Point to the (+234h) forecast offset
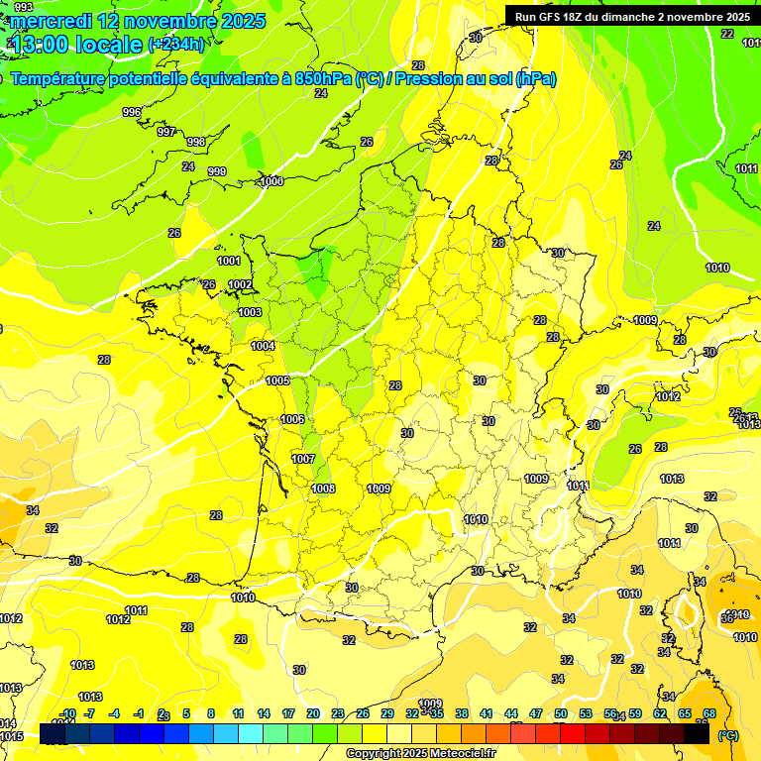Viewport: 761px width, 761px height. coord(175,45)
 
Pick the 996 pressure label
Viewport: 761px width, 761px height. coord(132,113)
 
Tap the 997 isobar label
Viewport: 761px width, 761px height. coord(166,132)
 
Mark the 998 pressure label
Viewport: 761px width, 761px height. coord(196,143)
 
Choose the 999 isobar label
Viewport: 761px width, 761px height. coord(217,171)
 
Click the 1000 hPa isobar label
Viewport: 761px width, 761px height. coord(272,181)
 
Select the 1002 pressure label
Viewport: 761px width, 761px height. coord(240,284)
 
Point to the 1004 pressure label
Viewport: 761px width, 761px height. coord(263,346)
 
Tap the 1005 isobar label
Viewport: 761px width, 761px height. coord(277,380)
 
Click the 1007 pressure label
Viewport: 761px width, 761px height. coord(303,459)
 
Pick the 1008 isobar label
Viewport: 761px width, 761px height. coord(323,489)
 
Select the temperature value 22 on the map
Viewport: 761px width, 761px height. coord(727,34)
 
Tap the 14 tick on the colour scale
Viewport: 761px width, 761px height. coord(263,713)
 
